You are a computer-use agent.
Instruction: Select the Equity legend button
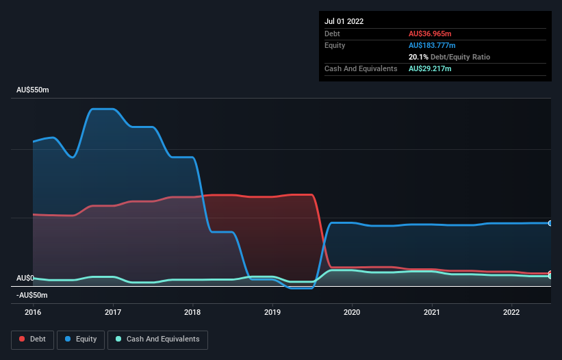81,339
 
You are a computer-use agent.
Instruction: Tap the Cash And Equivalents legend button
157,339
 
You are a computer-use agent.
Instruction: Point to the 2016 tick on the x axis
33,311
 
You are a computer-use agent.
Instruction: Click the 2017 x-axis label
113,311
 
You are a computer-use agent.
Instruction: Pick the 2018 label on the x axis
193,311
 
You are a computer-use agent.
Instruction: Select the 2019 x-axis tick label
272,311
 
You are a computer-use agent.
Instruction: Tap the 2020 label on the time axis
352,311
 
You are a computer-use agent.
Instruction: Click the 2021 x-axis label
432,311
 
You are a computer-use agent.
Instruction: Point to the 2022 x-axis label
511,311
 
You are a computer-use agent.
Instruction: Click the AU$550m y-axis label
33,90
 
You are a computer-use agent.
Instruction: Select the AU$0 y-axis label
25,278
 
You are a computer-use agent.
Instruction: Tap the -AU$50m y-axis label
32,295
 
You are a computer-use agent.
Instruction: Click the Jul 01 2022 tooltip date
344,21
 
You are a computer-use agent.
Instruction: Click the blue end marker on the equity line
550,223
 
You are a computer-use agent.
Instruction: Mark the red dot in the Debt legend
22,339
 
